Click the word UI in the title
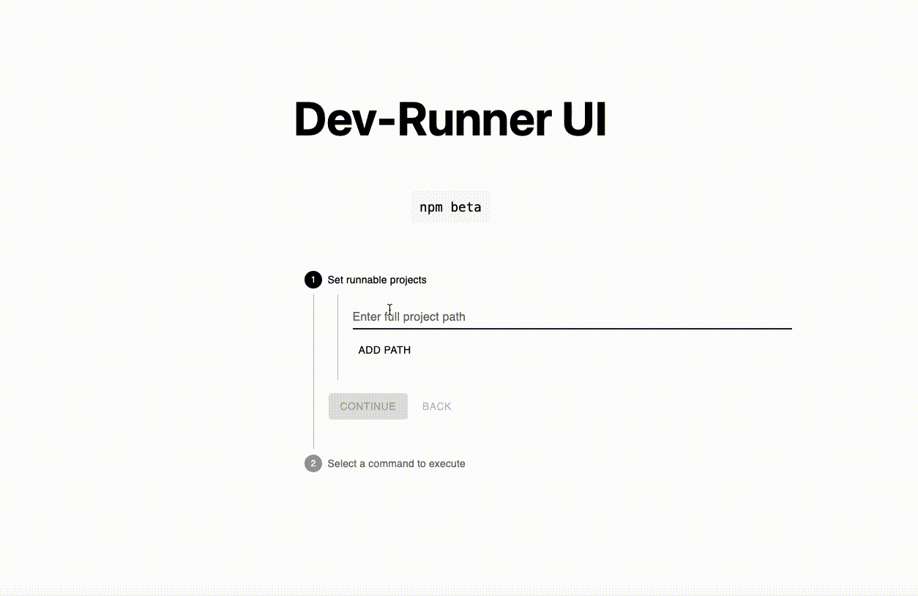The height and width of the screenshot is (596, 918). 584,119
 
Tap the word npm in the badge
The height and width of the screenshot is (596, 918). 431,207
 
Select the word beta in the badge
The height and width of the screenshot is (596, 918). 466,207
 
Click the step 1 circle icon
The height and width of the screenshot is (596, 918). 313,280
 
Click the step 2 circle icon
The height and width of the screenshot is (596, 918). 313,463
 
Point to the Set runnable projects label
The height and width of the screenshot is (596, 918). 377,280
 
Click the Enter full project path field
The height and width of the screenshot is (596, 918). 571,317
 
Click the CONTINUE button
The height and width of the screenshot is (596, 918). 368,406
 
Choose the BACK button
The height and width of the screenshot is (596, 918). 437,406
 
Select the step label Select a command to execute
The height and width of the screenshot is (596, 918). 396,463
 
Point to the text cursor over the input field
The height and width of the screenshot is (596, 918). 390,310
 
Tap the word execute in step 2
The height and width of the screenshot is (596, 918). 447,463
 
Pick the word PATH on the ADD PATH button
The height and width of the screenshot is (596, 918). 398,350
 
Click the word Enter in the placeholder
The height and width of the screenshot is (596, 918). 366,317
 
